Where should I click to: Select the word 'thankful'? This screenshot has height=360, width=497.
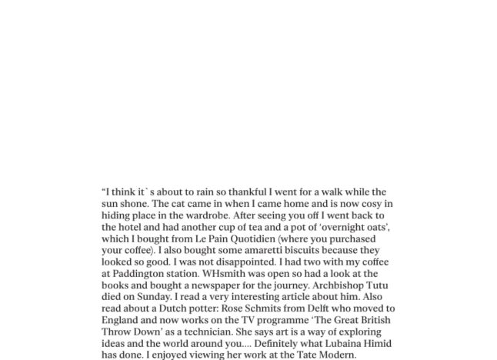[x=248, y=192]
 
